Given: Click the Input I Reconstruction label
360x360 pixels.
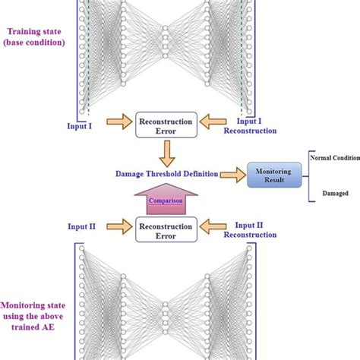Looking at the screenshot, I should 249,125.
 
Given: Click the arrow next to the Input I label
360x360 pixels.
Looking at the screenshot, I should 119,122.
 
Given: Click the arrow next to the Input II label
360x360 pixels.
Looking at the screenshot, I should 119,226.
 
